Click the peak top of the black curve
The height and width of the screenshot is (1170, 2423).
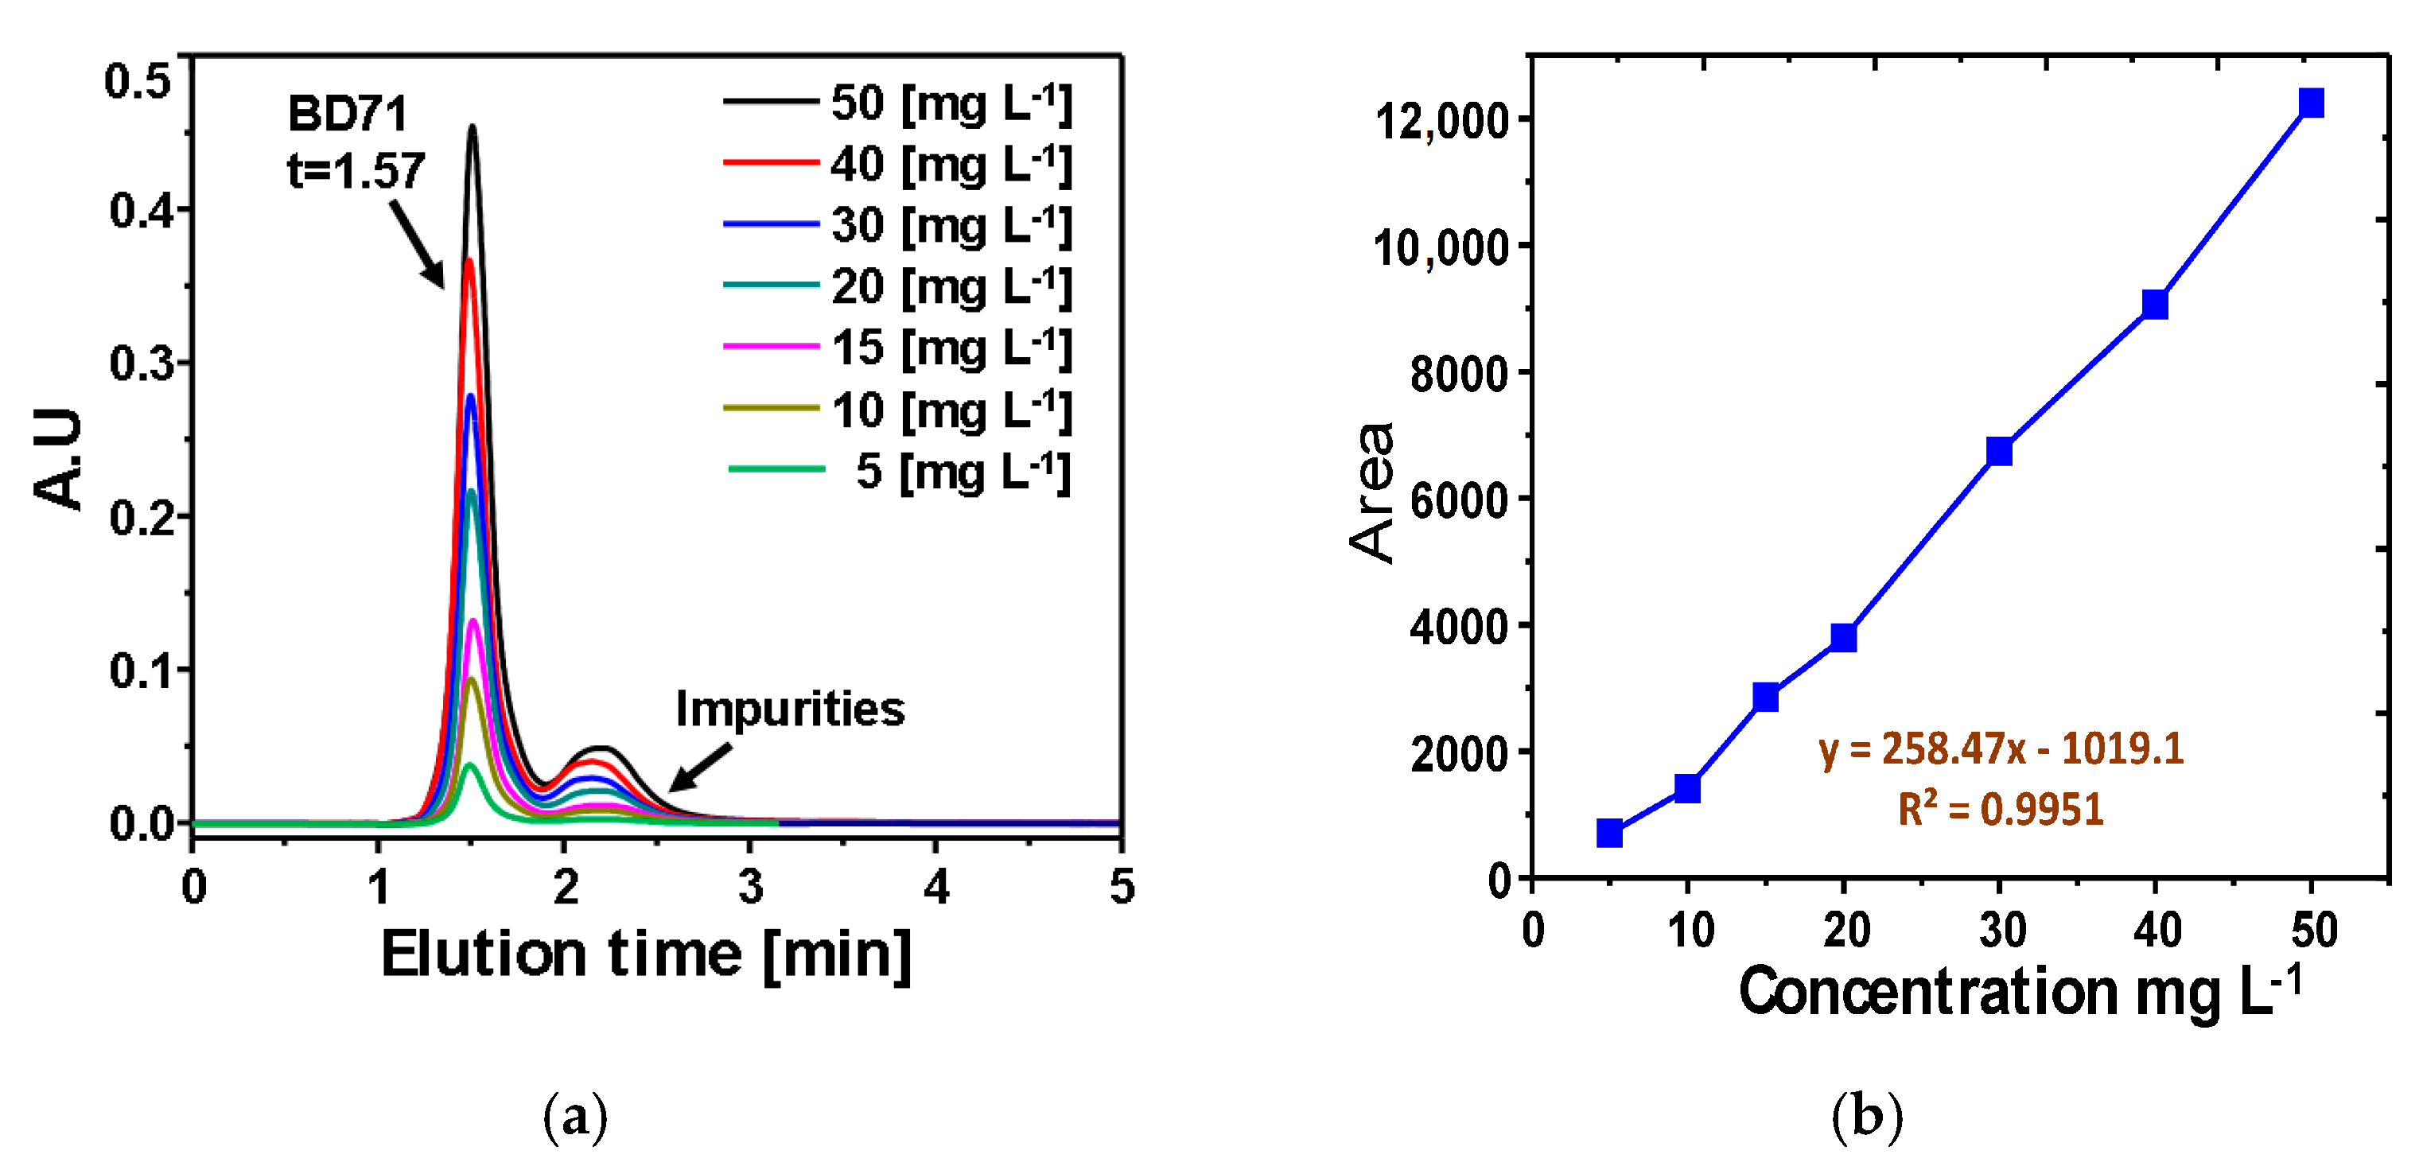point(473,127)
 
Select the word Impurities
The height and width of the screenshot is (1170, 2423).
point(789,708)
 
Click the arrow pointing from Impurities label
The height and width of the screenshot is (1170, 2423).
point(700,768)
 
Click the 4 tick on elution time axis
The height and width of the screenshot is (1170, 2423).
point(935,886)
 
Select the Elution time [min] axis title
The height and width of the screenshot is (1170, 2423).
point(645,954)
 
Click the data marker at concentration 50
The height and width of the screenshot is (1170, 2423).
point(2310,103)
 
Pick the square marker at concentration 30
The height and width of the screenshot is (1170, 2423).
point(1999,452)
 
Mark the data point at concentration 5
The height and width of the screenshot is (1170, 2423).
point(1609,832)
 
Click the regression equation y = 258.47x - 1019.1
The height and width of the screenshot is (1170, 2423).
point(2001,748)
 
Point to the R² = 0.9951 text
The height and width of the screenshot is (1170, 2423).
point(2000,809)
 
